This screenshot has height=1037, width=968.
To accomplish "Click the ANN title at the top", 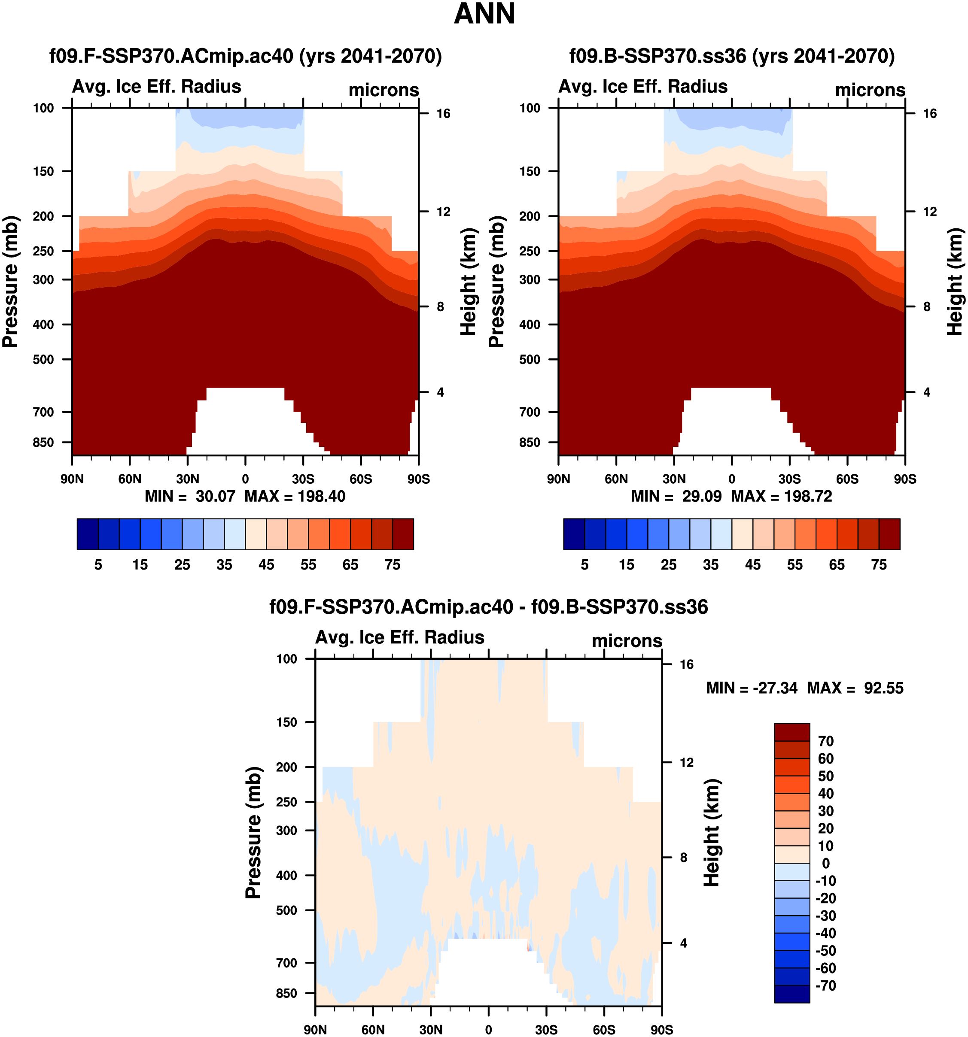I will point(484,14).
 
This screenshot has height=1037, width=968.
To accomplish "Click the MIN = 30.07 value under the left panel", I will point(190,496).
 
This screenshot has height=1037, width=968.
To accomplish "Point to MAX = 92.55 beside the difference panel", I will point(855,688).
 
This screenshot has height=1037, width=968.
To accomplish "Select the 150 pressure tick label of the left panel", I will point(43,172).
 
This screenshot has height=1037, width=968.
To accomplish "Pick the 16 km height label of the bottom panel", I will point(687,664).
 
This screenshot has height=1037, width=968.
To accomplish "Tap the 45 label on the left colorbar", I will point(266,565).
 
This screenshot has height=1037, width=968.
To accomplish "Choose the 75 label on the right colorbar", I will point(879,565).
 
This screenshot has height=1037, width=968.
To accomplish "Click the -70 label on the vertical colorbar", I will point(825,985).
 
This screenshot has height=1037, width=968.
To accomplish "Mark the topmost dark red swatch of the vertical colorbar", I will point(791,732).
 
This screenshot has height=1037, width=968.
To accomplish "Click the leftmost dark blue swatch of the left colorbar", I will point(87,534).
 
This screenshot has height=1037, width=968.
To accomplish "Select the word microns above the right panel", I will point(870,90).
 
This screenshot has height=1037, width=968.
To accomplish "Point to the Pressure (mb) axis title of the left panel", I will point(10,282).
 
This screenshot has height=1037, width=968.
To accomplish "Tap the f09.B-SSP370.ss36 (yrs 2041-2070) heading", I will point(732,56).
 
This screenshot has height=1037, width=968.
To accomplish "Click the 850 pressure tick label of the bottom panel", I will point(286,993).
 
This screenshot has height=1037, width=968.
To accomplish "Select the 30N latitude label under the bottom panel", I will point(431,1030).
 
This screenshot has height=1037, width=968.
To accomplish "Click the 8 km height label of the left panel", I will point(441,307).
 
